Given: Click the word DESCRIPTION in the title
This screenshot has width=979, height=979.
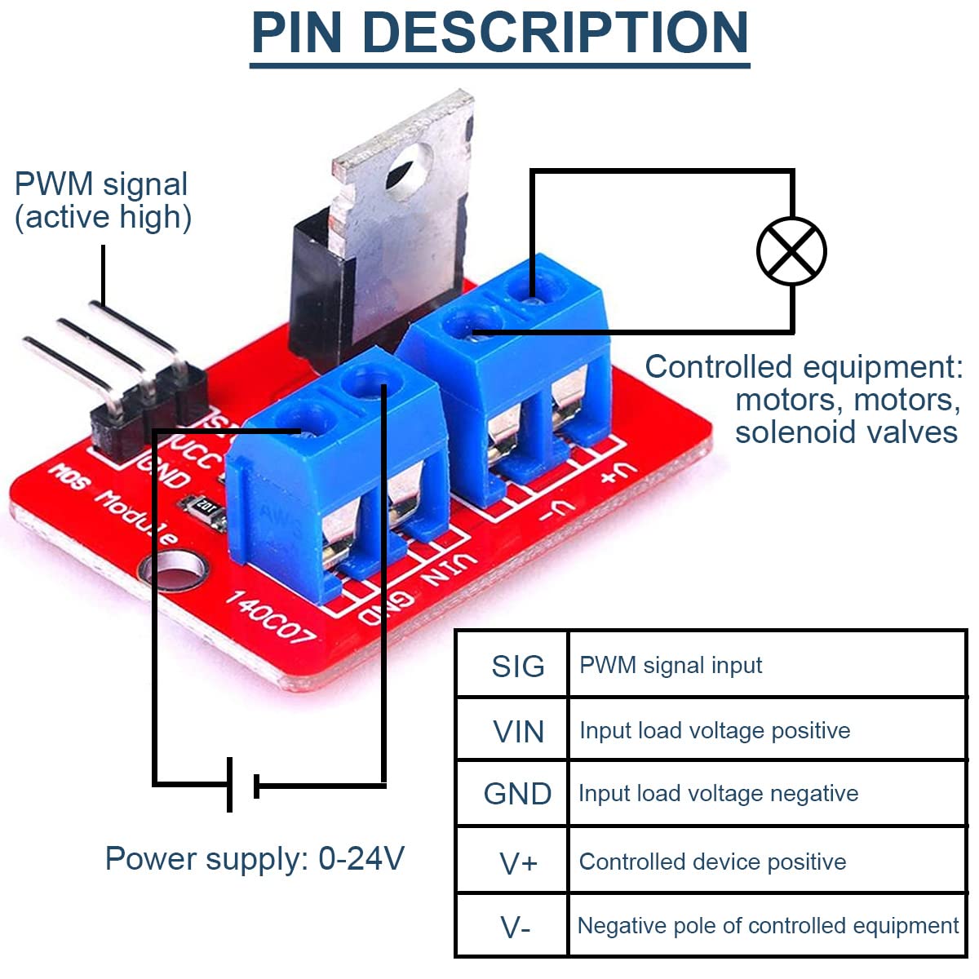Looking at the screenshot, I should pos(555,33).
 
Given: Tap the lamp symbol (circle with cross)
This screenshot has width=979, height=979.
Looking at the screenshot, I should pos(791,251).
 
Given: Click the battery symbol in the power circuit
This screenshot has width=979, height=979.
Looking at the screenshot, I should pos(243,785).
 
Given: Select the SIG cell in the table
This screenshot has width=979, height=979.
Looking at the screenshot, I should pos(517,667).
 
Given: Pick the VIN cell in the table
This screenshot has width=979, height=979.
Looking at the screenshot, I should pos(518,732).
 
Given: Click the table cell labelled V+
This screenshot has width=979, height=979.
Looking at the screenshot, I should pos(518,862).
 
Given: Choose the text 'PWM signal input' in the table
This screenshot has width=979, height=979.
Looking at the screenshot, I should pos(671,665).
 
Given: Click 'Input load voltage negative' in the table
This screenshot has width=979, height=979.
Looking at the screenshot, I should pos(718,793).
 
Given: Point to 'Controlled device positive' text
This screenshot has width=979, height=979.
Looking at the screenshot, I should pos(712,862).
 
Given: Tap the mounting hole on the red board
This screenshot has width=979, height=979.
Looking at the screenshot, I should pos(176,570).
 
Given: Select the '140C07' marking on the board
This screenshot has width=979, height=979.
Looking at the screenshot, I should pos(269,617).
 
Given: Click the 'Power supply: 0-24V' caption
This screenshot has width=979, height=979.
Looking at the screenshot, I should pos(255,858).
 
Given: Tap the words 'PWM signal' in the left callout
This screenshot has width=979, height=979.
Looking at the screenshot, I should pos(101,184).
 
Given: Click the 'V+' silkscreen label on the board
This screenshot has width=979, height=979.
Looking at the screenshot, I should pos(616,473).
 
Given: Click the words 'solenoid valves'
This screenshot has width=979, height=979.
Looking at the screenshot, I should pos(846,432).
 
